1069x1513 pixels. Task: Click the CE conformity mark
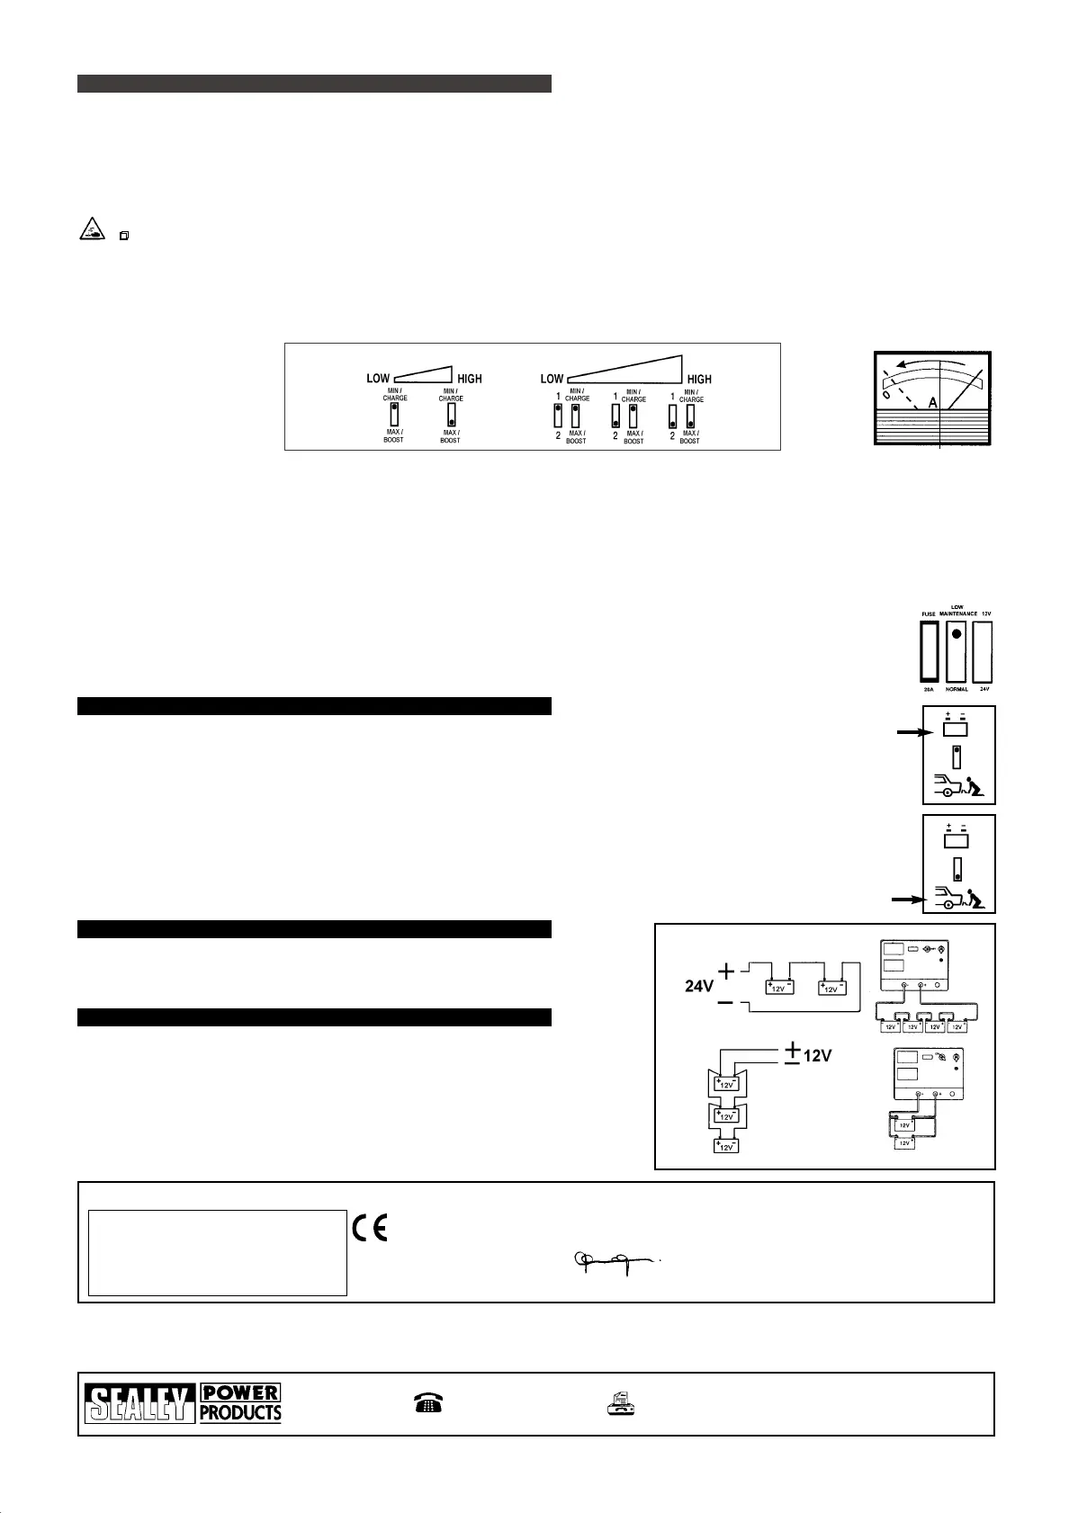point(369,1228)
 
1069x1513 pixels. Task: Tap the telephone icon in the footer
point(428,1403)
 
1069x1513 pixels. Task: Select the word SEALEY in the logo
point(139,1403)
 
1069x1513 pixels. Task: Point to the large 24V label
point(699,986)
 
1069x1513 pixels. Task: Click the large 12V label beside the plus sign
point(817,1055)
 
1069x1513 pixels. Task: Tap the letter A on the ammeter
point(933,404)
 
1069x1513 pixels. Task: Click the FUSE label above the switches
point(929,614)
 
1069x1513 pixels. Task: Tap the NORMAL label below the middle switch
point(957,689)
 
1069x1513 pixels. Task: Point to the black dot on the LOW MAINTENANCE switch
point(957,633)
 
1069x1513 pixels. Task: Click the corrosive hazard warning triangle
point(91,231)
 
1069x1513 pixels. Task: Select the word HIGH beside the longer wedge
point(698,380)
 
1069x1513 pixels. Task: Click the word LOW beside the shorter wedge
point(378,379)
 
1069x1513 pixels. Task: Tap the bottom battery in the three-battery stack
point(726,1146)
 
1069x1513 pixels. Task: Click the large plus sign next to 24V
point(726,971)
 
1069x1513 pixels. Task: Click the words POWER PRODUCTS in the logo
point(240,1403)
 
